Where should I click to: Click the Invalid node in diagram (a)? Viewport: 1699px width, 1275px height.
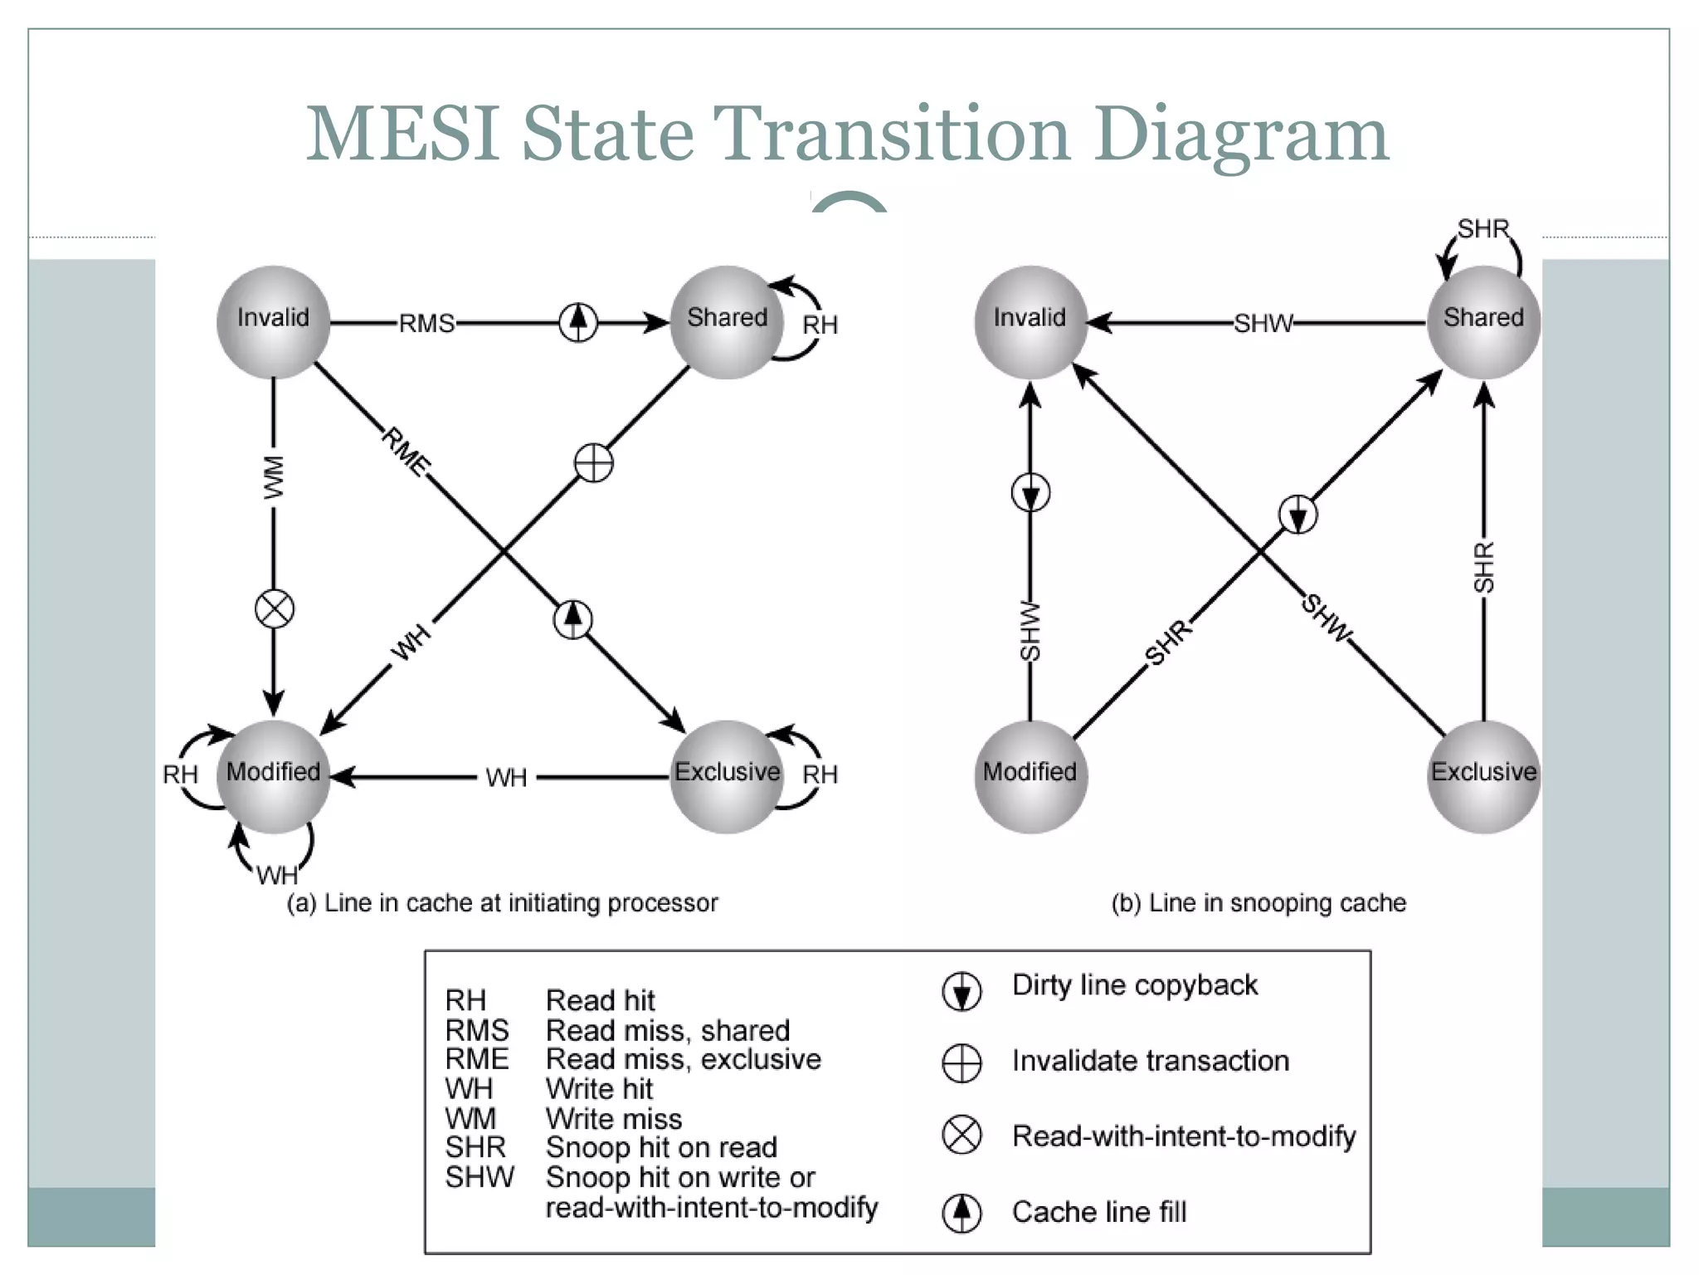pos(273,322)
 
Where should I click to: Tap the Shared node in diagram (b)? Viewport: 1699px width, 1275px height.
pos(1483,322)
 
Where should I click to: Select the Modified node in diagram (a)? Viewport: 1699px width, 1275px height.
pos(273,776)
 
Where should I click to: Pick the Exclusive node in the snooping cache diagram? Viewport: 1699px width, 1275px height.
pos(1483,776)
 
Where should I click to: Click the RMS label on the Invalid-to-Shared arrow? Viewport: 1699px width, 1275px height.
pos(426,323)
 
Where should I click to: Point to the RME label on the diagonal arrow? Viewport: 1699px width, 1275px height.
pos(406,452)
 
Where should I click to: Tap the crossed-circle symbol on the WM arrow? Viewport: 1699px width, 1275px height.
pos(275,610)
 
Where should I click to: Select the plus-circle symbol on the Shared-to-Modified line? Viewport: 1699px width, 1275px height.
pos(594,463)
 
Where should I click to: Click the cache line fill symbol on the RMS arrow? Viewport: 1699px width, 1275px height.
pos(578,322)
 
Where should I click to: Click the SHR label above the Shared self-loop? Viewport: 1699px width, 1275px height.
pos(1482,228)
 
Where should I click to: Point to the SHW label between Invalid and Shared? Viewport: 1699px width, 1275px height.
pos(1263,323)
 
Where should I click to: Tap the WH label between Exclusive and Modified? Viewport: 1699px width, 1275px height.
pos(506,778)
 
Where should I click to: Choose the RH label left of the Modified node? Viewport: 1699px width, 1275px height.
pos(180,774)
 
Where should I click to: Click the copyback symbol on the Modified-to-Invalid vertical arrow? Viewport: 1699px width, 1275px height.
pos(1030,493)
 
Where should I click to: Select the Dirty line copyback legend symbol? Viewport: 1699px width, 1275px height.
pos(962,990)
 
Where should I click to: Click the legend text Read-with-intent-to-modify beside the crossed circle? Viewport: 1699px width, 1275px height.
pos(1184,1136)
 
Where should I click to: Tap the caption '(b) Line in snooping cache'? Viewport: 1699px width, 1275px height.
pos(1258,902)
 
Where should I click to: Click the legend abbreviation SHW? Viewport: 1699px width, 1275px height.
pos(479,1177)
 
